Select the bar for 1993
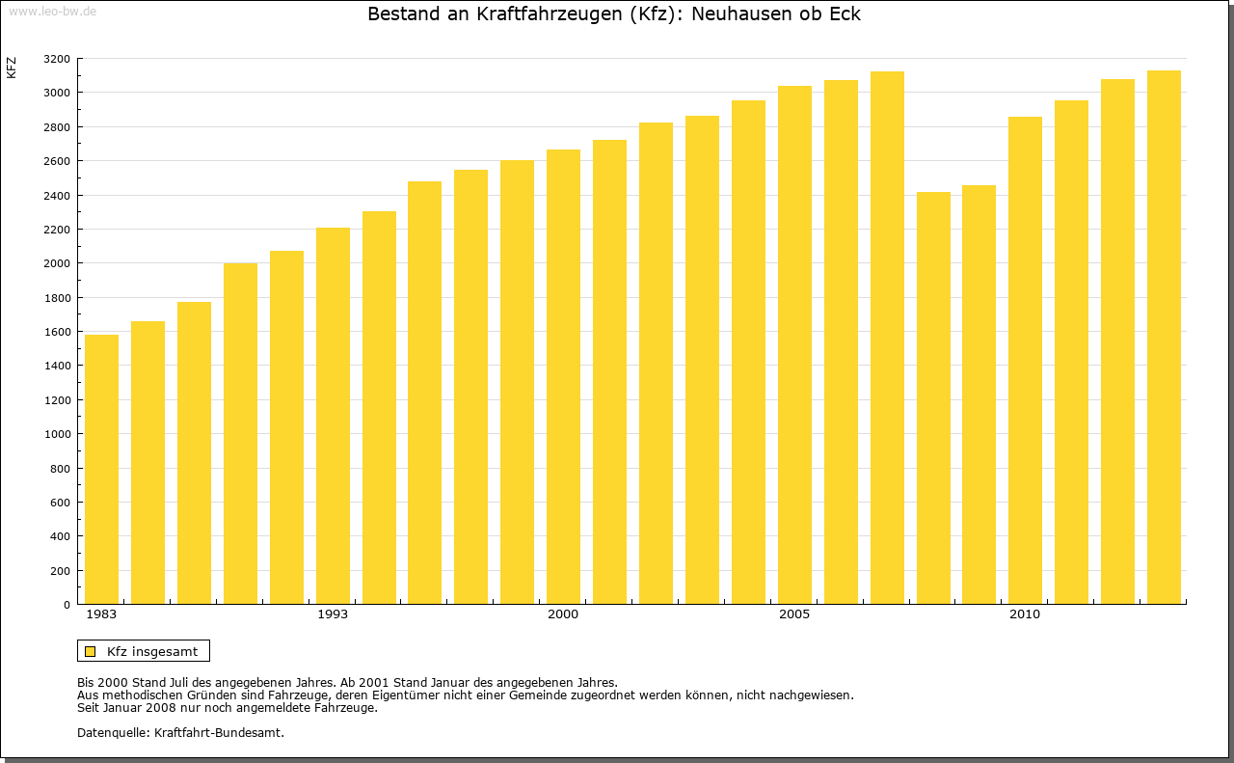point(333,416)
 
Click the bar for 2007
point(887,338)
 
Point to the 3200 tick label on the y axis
point(57,59)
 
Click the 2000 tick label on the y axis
point(57,263)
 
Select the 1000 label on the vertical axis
point(57,434)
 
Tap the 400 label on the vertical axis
point(60,536)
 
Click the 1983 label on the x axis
point(101,614)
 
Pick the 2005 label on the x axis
point(794,614)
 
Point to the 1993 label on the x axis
point(333,614)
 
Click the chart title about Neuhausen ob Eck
point(614,14)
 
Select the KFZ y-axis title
point(12,68)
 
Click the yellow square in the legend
point(90,651)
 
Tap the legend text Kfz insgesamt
point(152,651)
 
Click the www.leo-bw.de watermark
point(52,11)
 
